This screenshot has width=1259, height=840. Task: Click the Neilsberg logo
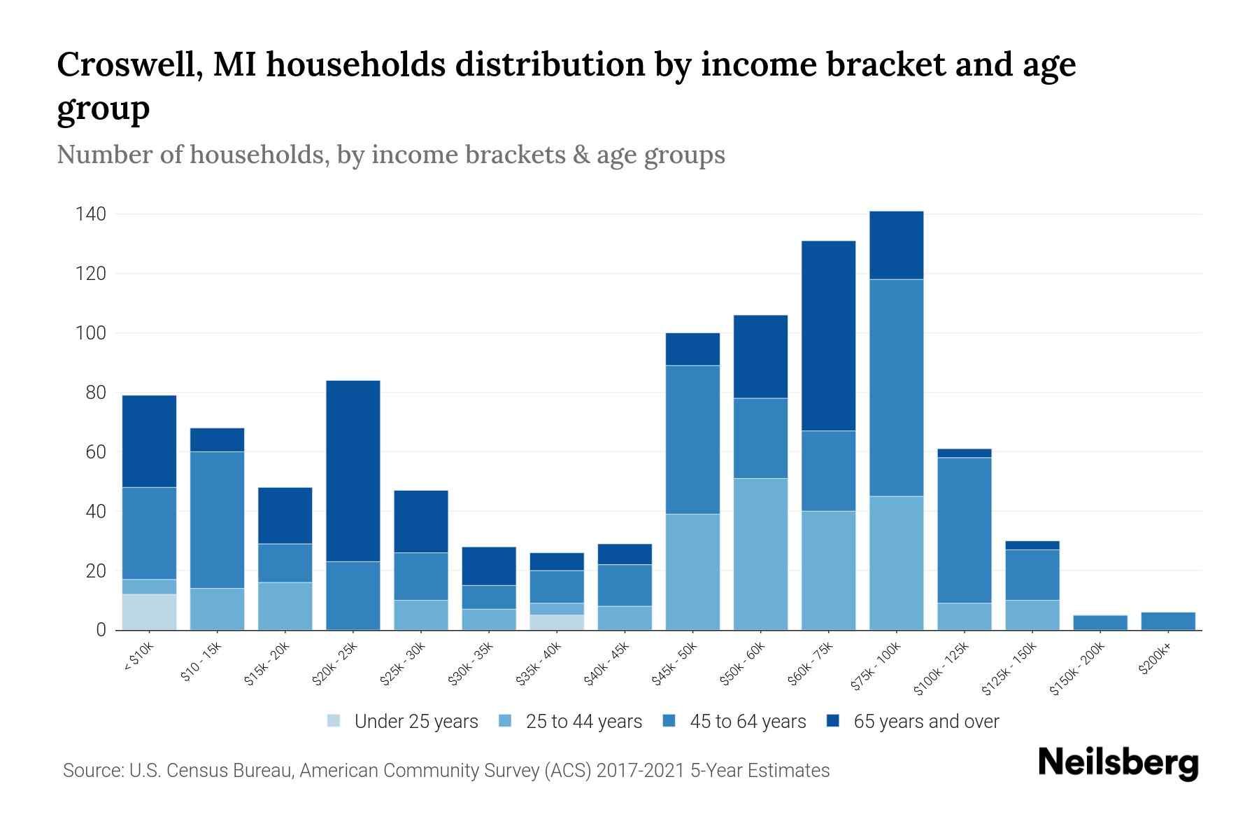pyautogui.click(x=1118, y=762)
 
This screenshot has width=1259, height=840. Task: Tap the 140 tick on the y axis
pyautogui.click(x=91, y=214)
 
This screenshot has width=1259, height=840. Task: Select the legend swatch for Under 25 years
pyautogui.click(x=334, y=720)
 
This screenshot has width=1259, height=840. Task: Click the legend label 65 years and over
pyautogui.click(x=926, y=722)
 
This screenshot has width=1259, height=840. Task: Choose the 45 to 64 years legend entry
pyautogui.click(x=747, y=722)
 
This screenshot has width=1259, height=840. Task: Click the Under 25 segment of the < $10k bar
pyautogui.click(x=149, y=612)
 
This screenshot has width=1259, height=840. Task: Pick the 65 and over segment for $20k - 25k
pyautogui.click(x=353, y=470)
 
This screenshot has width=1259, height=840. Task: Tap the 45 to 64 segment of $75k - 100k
pyautogui.click(x=896, y=388)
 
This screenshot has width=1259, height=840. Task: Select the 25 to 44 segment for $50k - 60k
pyautogui.click(x=760, y=554)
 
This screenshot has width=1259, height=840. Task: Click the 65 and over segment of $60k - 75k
pyautogui.click(x=828, y=335)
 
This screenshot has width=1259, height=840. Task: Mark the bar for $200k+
pyautogui.click(x=1167, y=621)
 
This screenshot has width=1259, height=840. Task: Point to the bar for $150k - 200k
pyautogui.click(x=1100, y=622)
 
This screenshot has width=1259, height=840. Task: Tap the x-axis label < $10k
pyautogui.click(x=139, y=657)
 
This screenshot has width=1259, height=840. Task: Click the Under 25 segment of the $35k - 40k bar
pyautogui.click(x=557, y=622)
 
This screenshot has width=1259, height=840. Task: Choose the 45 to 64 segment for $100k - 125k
pyautogui.click(x=964, y=530)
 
